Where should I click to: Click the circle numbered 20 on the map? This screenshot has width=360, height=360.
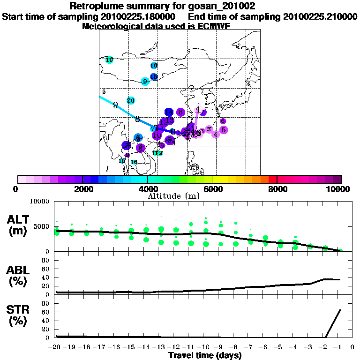click(131, 100)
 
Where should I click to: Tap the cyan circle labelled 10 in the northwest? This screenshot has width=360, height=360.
click(109, 60)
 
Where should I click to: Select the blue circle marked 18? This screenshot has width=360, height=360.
click(154, 66)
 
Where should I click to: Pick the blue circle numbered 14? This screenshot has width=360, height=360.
click(169, 112)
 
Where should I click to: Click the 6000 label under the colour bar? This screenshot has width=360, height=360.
click(212, 189)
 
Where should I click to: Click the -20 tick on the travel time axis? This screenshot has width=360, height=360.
click(56, 347)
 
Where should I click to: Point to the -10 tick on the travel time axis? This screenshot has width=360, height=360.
click(206, 347)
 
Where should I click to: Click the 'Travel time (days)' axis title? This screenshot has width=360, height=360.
click(205, 355)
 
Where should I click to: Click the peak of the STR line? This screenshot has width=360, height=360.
click(340, 310)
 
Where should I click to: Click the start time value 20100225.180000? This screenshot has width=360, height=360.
click(140, 16)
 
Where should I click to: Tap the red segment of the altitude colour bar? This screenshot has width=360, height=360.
click(273, 179)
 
